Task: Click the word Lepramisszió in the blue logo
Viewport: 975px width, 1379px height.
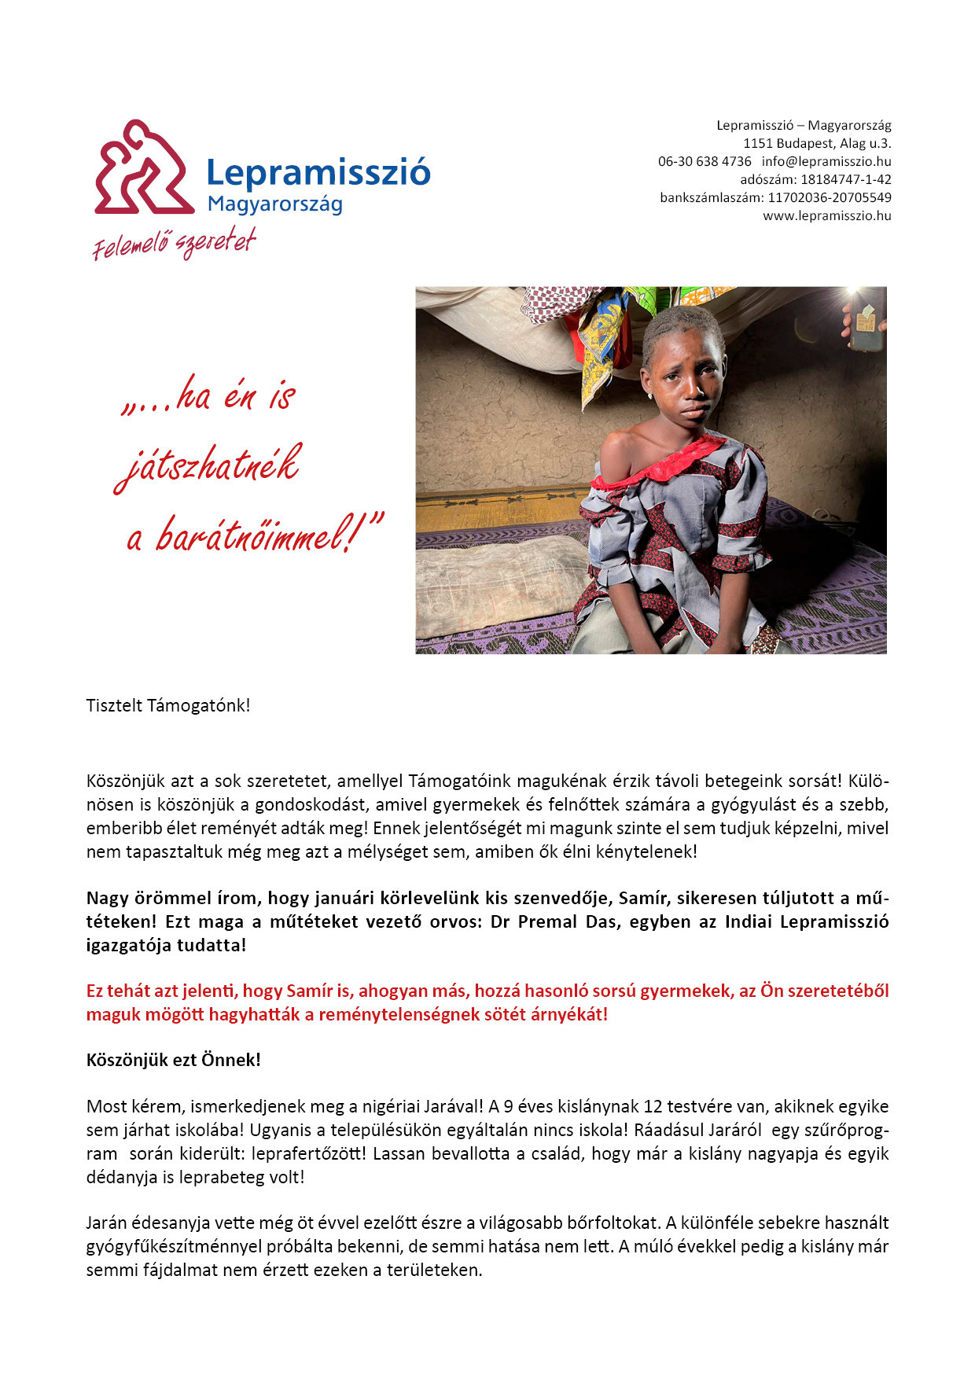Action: point(318,172)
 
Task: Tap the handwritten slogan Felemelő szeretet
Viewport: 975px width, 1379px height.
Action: point(174,243)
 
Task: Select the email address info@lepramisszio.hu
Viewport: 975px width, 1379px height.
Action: point(826,161)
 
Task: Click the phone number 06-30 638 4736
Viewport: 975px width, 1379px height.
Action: point(705,161)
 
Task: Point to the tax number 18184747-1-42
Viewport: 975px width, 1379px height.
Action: point(846,179)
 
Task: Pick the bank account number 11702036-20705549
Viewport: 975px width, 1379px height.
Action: point(830,197)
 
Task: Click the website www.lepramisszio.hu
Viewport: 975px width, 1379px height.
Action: point(826,215)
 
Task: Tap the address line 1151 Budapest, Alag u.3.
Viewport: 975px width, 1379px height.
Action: point(817,143)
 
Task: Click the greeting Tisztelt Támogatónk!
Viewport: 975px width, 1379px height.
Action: point(168,705)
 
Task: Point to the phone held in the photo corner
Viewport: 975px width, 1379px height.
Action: point(866,320)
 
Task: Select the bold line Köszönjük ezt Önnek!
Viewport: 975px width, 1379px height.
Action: point(174,1060)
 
